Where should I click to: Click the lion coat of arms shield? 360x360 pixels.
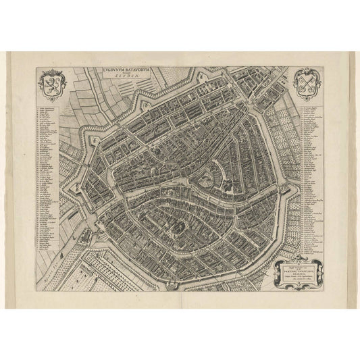[x=49, y=84]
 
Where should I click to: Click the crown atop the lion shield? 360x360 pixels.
[x=49, y=72]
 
